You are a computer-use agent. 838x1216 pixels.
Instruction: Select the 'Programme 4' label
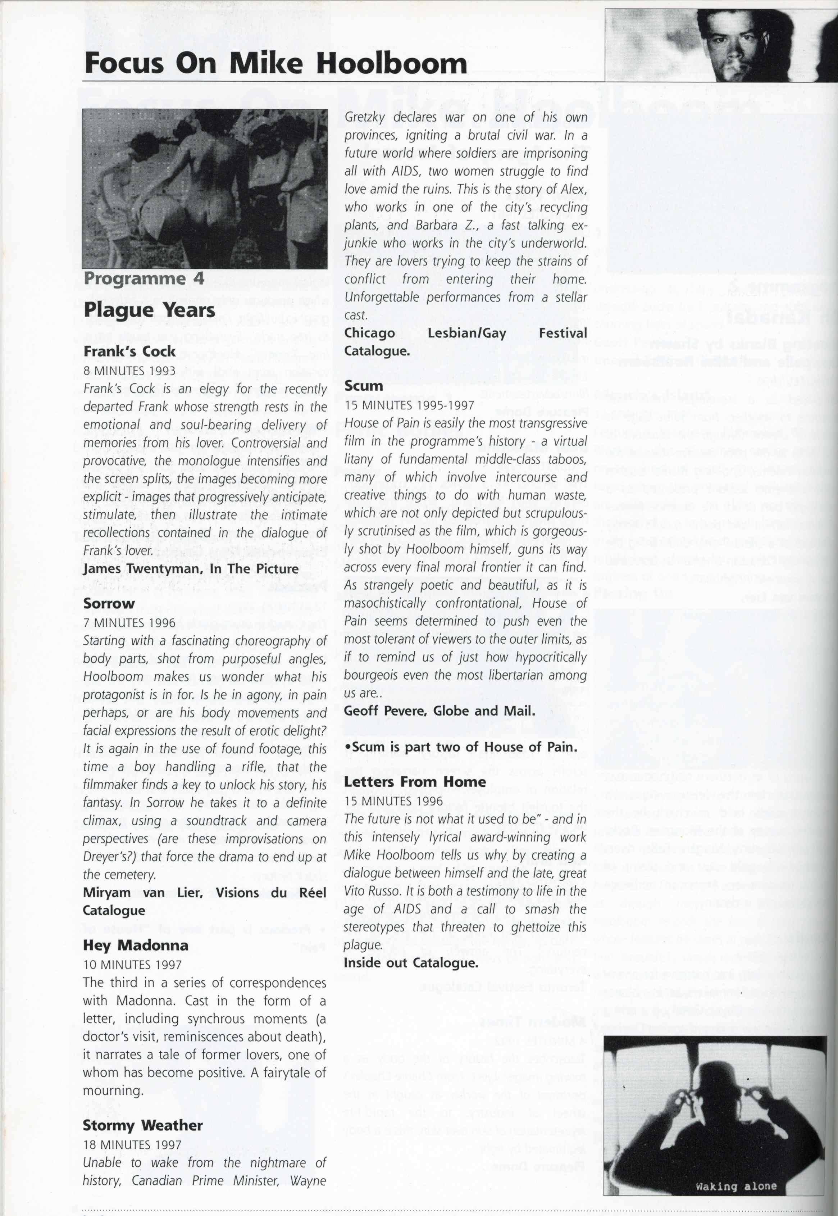(x=144, y=278)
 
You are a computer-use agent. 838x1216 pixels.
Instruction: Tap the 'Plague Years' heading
(x=149, y=310)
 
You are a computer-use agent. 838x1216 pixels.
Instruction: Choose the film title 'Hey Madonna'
(x=136, y=945)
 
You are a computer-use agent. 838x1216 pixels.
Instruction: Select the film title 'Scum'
(x=363, y=386)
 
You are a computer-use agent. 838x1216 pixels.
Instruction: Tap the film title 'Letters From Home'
(x=415, y=782)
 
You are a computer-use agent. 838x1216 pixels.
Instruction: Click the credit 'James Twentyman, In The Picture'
(x=191, y=569)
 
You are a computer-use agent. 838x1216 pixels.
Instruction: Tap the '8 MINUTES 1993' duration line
(x=129, y=370)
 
